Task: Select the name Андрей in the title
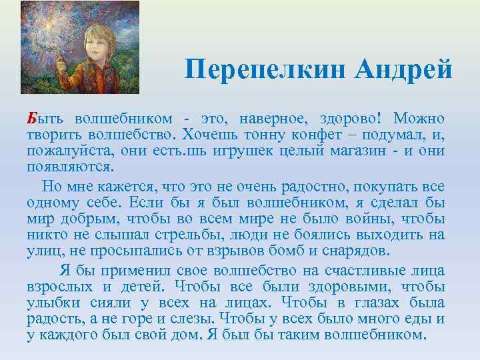[x=405, y=69]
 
